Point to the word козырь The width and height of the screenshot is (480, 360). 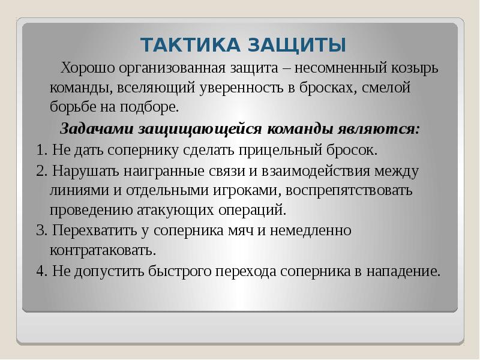coord(413,68)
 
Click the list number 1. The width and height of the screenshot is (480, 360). coord(40,149)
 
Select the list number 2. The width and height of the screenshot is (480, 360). coord(40,170)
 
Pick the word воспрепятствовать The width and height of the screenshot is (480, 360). coord(349,190)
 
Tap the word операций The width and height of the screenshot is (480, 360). coord(254,210)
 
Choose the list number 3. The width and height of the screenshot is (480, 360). coord(40,230)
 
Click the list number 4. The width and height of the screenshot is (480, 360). coord(40,271)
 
